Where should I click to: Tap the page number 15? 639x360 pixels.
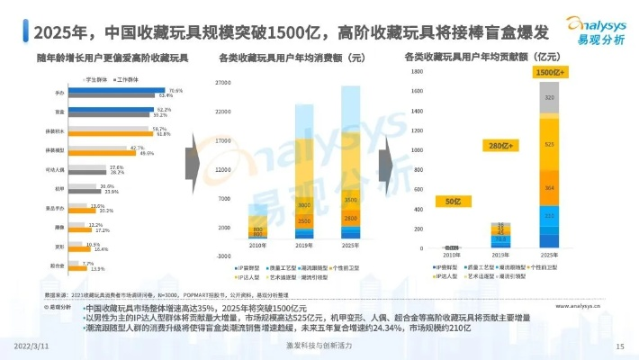619,346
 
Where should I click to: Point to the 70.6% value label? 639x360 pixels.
175,90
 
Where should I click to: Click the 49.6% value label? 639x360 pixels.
147,154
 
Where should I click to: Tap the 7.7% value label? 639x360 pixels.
87,264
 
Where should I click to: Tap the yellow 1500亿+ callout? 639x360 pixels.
548,71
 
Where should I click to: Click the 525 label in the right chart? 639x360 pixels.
549,143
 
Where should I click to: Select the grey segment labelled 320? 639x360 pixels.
549,95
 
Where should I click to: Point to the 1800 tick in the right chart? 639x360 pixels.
417,69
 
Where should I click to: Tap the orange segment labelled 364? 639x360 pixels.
549,188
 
